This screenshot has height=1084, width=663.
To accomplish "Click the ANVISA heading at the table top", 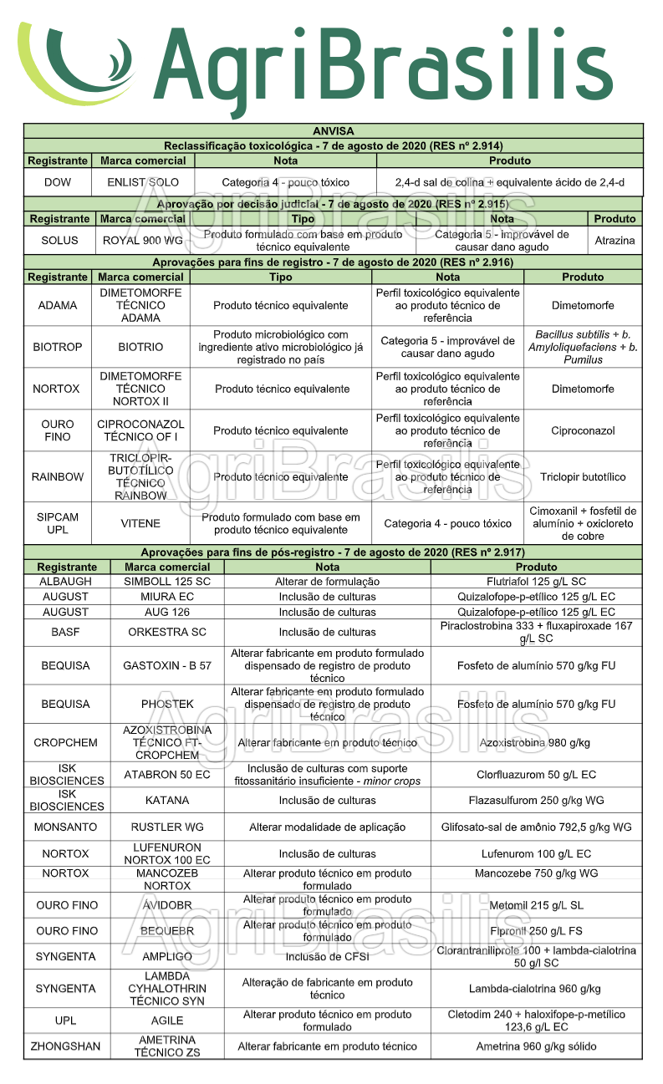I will [333, 131].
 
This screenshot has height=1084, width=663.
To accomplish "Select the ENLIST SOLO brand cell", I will [143, 182].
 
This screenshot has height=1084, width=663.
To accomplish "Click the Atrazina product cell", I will [615, 241].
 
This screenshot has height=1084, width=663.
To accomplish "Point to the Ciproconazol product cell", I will [583, 430].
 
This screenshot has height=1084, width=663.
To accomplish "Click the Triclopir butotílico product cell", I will [583, 477].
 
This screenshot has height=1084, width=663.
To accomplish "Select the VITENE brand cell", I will [140, 523].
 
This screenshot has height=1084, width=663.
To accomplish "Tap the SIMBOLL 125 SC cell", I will [167, 581].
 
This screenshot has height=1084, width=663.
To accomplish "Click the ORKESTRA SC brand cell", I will [167, 632].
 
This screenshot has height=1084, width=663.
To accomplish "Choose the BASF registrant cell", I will [66, 632].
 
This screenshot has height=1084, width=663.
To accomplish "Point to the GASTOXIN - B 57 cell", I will [167, 666].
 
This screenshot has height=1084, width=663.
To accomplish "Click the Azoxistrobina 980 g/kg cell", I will [535, 743].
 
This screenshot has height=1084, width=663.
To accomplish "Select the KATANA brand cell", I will [167, 800].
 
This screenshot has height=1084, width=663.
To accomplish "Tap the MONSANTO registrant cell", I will [66, 827].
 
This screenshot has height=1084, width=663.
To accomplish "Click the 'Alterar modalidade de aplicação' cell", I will [327, 827].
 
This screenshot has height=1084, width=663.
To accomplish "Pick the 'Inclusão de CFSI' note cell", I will [327, 956].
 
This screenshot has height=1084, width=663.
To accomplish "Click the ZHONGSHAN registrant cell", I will [66, 1046].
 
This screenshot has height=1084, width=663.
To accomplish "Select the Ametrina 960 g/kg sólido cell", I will [536, 1046].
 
